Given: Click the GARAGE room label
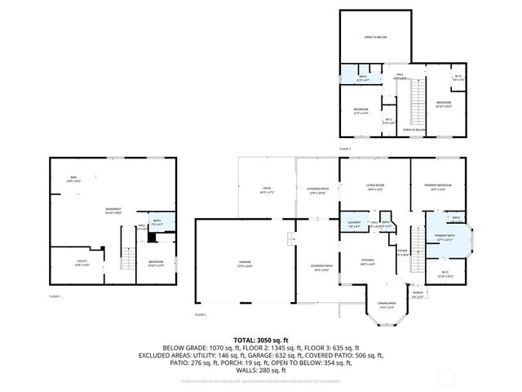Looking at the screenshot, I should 245,262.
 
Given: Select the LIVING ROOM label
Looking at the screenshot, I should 374,187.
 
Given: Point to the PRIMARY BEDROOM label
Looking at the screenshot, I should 436,187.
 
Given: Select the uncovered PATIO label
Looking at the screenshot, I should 266,190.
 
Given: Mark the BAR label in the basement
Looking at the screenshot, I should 73,179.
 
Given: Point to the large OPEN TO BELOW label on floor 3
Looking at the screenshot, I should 375,38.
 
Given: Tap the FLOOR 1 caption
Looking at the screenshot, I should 55,296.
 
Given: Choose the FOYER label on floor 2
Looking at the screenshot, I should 402,252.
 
